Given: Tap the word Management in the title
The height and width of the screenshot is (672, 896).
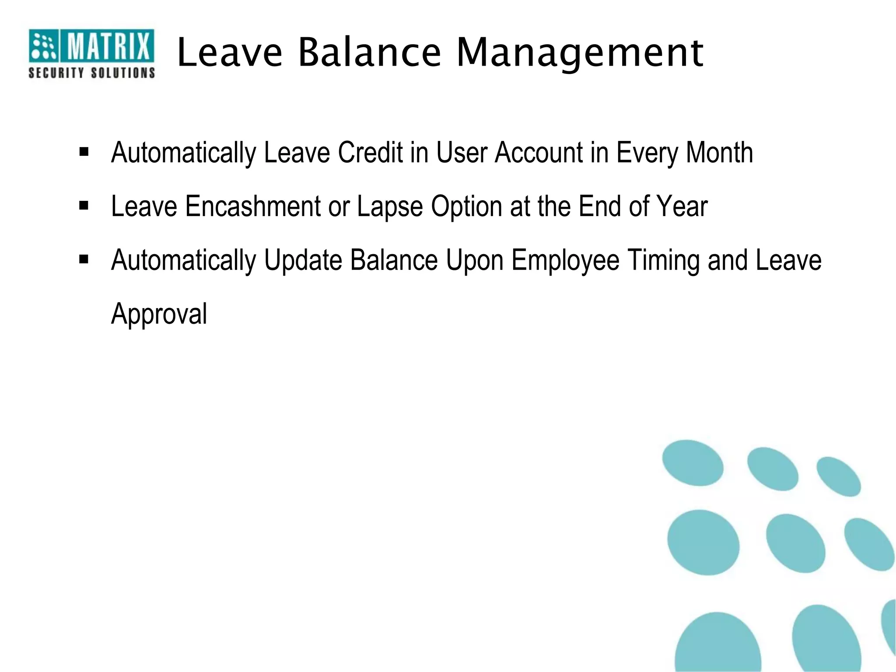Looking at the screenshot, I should (x=580, y=53).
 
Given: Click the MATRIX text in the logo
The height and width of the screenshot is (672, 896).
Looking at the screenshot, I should (x=107, y=46).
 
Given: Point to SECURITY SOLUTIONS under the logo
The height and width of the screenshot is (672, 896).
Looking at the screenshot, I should (x=92, y=73).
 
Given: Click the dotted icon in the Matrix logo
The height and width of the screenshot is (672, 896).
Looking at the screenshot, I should (x=43, y=46).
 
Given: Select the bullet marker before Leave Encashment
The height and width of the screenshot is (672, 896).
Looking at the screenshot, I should (x=84, y=206).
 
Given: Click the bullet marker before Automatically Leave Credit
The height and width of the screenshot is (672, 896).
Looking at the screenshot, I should (x=84, y=152).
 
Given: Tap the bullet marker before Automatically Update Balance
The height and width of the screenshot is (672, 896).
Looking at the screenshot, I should (x=84, y=259).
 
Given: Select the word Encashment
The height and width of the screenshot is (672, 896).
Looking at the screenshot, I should (x=253, y=206).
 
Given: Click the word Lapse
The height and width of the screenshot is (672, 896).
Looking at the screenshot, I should (x=390, y=207).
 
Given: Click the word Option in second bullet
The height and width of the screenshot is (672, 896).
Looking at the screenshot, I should (x=466, y=207).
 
